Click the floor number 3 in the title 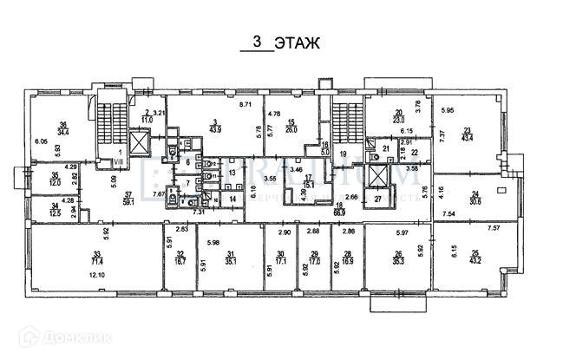(x=256, y=42)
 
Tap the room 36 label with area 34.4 (x=62, y=128)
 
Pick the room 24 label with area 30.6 (x=475, y=197)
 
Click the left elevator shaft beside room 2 (x=139, y=143)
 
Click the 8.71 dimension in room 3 (x=245, y=105)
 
